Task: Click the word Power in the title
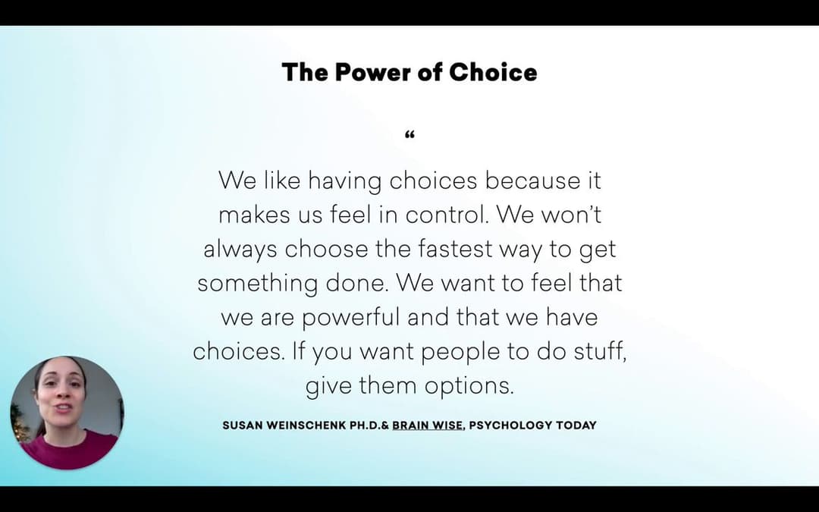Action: tap(372, 72)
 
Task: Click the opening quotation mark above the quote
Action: tap(409, 135)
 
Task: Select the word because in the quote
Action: tap(532, 181)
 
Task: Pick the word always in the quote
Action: tap(240, 250)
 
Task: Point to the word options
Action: tap(469, 387)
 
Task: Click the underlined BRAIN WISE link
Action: tap(427, 426)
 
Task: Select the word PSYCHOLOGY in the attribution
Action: tap(510, 426)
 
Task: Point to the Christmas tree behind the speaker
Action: tap(20, 424)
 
